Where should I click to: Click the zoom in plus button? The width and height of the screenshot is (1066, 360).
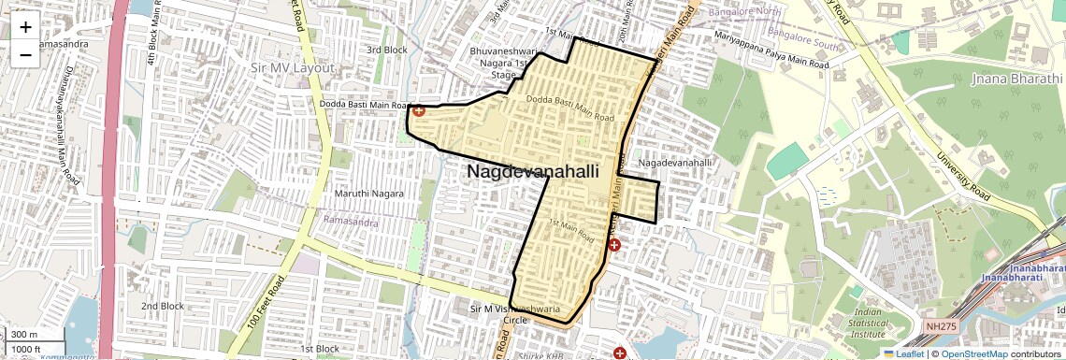point(25,27)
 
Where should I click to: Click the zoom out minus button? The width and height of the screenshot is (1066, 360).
point(25,54)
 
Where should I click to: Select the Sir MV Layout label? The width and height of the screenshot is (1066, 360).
point(293,68)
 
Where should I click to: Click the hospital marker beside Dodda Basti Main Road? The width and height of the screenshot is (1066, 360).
point(419,110)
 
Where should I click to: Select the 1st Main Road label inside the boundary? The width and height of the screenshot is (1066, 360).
point(571,230)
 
